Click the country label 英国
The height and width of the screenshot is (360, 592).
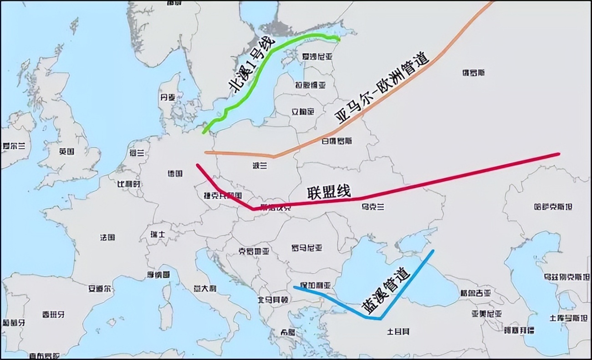66,152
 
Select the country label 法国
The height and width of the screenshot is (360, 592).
107,237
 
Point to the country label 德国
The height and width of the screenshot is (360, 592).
175,174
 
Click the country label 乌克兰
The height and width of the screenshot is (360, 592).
373,207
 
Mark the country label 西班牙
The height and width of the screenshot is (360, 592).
53,314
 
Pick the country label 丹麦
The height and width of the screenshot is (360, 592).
167,98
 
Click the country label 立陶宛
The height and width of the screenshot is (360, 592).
303,112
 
